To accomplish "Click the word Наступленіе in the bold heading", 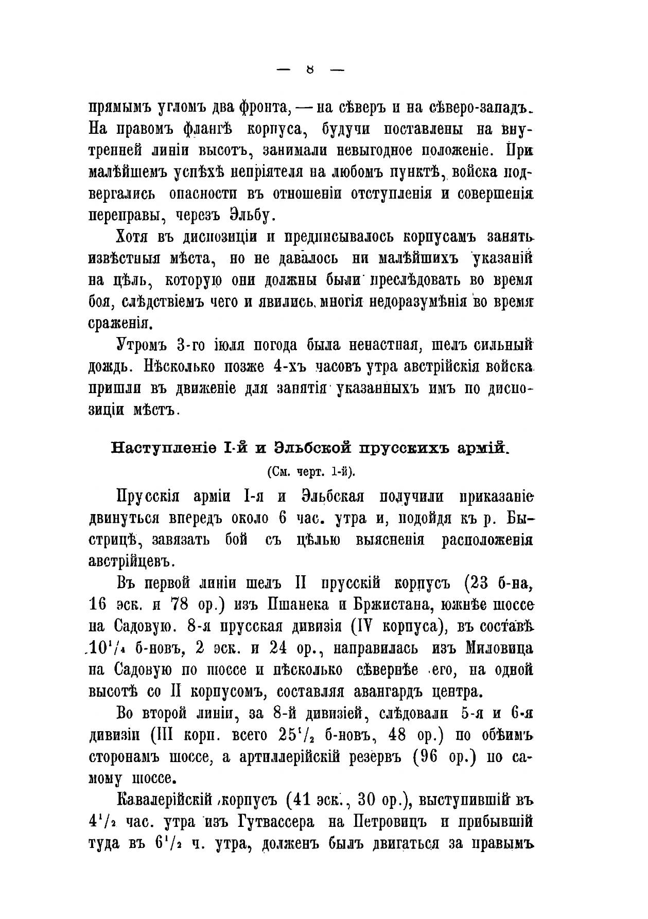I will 163,447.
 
